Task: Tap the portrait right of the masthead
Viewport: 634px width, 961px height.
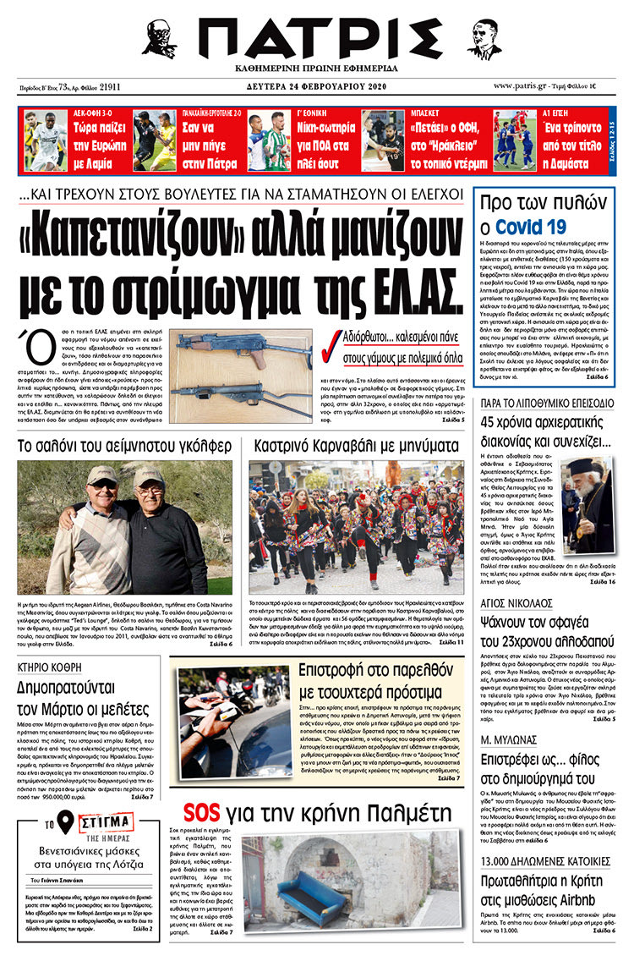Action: click(x=484, y=38)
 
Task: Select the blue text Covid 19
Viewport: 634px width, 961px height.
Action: click(x=531, y=227)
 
